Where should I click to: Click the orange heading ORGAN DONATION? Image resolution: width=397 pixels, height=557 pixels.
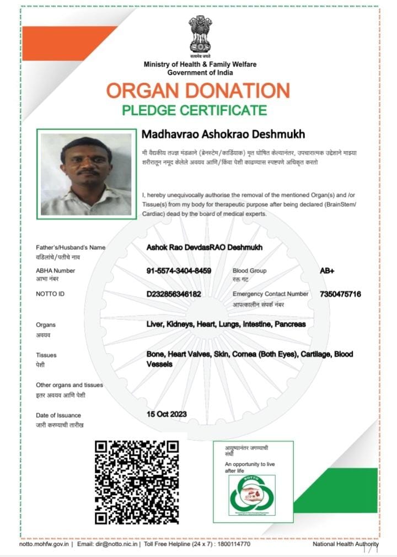[198, 90]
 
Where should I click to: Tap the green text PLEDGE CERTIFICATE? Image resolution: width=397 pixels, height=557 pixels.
[194, 109]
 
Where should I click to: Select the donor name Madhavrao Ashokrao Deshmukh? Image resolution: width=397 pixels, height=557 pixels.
[223, 135]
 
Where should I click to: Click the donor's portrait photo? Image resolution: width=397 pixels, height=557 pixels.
[86, 174]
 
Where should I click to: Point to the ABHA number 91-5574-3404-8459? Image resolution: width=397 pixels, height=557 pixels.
[179, 271]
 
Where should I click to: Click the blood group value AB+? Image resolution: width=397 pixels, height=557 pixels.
[328, 271]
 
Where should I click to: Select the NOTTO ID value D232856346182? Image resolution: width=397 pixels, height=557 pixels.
[174, 294]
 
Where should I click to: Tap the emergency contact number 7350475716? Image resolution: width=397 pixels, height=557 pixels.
[340, 294]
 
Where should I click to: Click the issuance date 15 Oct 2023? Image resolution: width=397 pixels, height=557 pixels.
[167, 414]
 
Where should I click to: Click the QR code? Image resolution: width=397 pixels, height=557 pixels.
[137, 481]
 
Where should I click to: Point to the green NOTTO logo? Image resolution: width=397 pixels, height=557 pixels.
[252, 494]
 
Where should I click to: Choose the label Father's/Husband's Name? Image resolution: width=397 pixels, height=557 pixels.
[71, 248]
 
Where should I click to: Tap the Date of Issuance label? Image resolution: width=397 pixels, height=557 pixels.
[58, 415]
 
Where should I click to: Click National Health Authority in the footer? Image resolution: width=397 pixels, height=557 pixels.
[346, 544]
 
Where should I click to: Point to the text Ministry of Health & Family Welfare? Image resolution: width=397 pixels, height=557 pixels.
[200, 65]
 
